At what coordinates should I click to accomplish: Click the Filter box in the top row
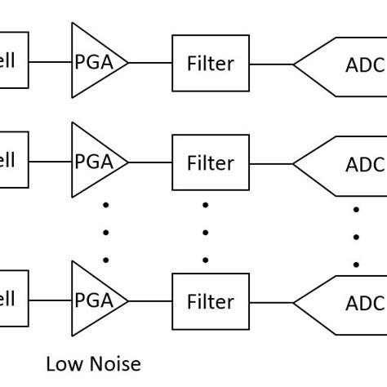210,63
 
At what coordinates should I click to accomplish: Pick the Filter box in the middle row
210,162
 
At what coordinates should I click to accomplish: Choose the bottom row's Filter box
210,302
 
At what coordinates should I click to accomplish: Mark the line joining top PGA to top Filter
150,63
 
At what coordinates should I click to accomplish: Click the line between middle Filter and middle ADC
271,164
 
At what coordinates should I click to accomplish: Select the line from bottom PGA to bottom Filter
150,301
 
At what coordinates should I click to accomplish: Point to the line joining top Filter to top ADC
271,64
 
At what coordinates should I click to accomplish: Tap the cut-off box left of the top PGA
13,60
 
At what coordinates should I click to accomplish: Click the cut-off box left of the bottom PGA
13,300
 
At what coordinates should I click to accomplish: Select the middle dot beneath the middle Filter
205,232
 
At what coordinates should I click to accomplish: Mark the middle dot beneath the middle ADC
356,237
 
